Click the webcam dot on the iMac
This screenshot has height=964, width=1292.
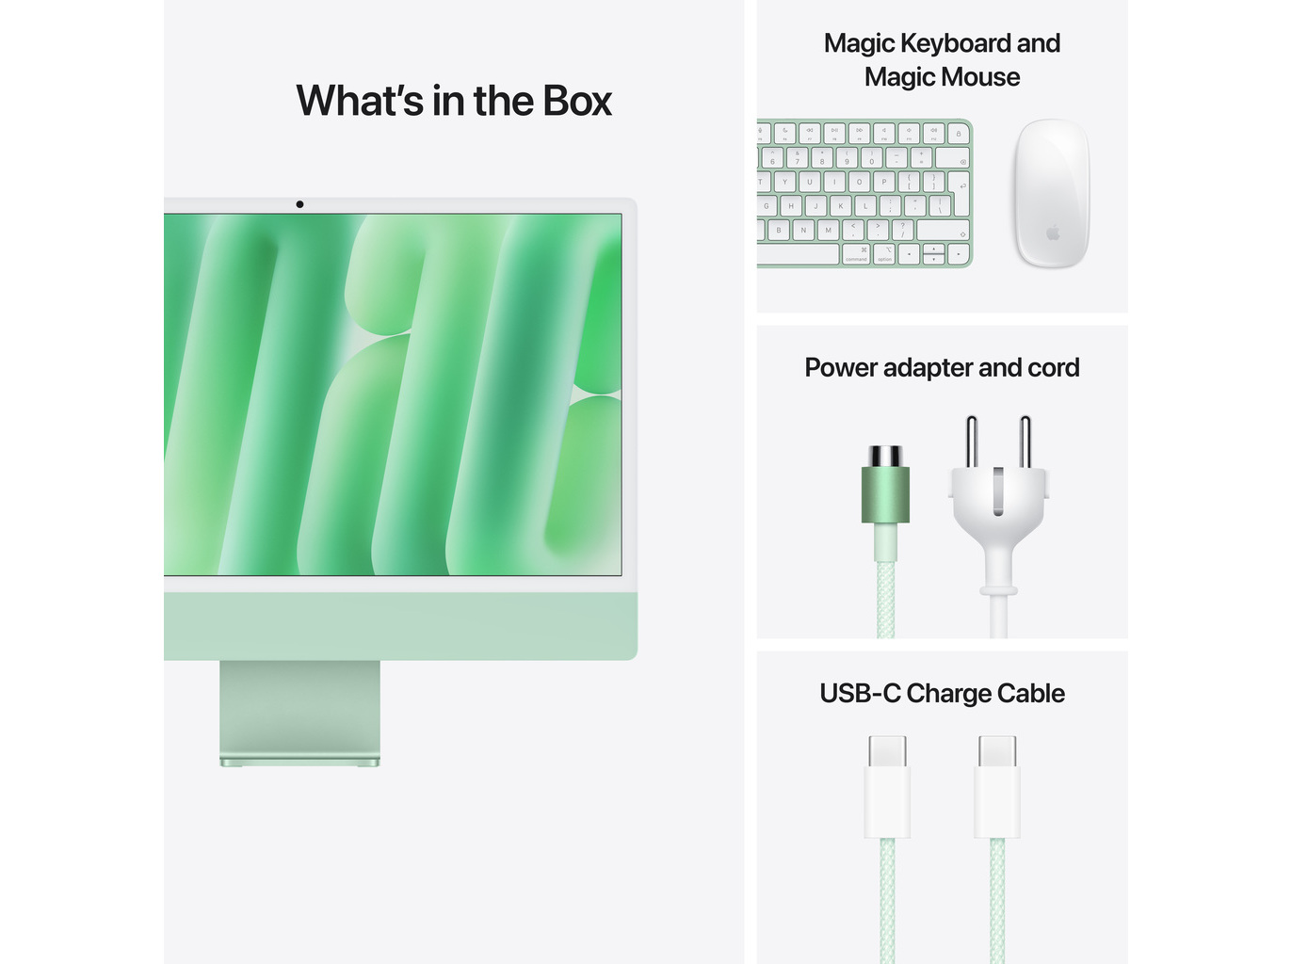(x=299, y=204)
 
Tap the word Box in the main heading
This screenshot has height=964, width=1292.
(x=577, y=101)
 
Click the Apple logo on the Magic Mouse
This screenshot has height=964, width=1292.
(x=1053, y=233)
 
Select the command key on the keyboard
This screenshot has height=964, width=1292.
(x=856, y=254)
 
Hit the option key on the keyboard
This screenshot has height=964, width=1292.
(x=884, y=254)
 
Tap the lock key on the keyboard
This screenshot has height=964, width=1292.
(x=959, y=134)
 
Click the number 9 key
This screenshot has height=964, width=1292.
(x=847, y=157)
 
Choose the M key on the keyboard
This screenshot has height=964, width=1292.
(x=828, y=230)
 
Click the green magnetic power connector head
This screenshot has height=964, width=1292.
(x=885, y=485)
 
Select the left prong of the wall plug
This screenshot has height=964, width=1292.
(x=972, y=442)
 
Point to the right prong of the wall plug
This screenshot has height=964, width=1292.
(x=1026, y=442)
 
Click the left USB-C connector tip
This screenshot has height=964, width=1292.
(x=888, y=750)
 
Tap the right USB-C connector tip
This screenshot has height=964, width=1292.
(x=997, y=750)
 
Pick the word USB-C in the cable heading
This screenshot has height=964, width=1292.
(x=860, y=694)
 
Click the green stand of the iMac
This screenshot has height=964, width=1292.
(x=299, y=713)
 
